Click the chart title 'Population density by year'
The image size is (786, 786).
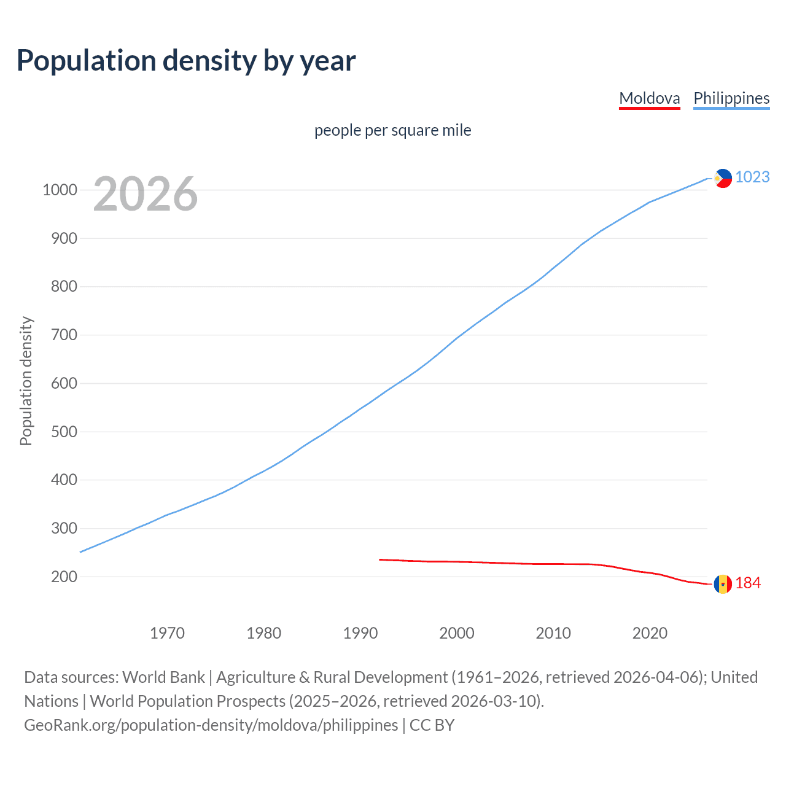click(x=186, y=61)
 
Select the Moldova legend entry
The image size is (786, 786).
click(x=649, y=98)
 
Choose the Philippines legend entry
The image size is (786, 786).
click(x=731, y=98)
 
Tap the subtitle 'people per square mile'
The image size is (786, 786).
click(x=392, y=130)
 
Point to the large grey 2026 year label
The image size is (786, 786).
click(x=146, y=194)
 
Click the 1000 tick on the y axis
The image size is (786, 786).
click(x=60, y=190)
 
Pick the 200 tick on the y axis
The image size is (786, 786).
click(x=64, y=577)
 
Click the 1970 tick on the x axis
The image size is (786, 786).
click(x=167, y=633)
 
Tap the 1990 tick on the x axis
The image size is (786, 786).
click(x=360, y=633)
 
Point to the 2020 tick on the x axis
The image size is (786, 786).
click(x=650, y=633)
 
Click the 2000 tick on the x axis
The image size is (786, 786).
click(x=457, y=633)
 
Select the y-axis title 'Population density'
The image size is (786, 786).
click(x=26, y=381)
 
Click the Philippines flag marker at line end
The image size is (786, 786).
click(x=723, y=178)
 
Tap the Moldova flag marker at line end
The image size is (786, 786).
click(x=723, y=584)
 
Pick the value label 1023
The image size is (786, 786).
click(x=752, y=177)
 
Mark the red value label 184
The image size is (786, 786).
click(x=748, y=583)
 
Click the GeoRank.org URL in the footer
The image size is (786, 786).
click(x=211, y=725)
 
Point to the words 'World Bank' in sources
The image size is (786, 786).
click(x=163, y=677)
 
